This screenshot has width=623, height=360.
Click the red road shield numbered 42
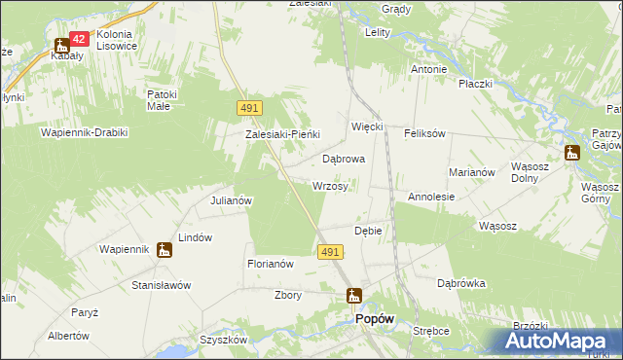pyautogui.click(x=80, y=39)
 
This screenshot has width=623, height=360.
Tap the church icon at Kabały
pyautogui.click(x=61, y=44)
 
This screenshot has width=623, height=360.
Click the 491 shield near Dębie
pyautogui.click(x=329, y=252)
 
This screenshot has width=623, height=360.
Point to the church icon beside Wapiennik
pyautogui.click(x=165, y=250)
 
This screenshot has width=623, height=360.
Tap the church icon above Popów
pyautogui.click(x=354, y=296)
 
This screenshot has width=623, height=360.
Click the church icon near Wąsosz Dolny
pyautogui.click(x=571, y=152)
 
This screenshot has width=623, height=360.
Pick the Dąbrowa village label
pyautogui.click(x=343, y=158)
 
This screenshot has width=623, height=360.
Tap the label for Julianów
pyautogui.click(x=232, y=200)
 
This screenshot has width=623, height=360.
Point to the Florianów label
pyautogui.click(x=271, y=264)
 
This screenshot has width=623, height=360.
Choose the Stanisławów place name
pyautogui.click(x=162, y=286)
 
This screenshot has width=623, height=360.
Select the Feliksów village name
pyautogui.click(x=424, y=132)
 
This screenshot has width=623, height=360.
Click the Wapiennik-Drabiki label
pyautogui.click(x=84, y=131)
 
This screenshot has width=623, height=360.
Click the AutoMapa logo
pyautogui.click(x=559, y=341)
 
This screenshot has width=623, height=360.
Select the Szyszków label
pyautogui.click(x=224, y=340)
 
